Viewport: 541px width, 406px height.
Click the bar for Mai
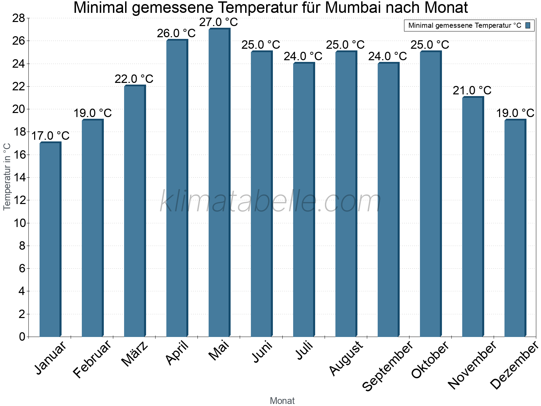click(x=219, y=183)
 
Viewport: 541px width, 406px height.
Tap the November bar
click(x=473, y=217)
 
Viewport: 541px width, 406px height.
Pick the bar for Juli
click(x=304, y=200)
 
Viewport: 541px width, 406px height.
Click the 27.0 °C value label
click(x=219, y=22)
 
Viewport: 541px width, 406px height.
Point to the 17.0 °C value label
click(x=50, y=136)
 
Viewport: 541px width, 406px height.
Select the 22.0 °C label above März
click(x=134, y=79)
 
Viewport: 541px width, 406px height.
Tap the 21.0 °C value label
click(x=472, y=91)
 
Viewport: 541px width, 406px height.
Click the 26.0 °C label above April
click(x=177, y=33)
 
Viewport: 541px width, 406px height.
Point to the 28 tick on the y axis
click(x=19, y=18)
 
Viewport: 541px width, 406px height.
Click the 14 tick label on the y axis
click(x=19, y=177)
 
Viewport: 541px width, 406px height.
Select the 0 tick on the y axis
click(x=22, y=337)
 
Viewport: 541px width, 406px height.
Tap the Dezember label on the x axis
click(x=514, y=365)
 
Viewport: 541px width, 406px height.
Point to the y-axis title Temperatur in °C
click(x=7, y=177)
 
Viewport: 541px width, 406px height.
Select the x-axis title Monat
click(x=282, y=401)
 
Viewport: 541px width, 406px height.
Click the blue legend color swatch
click(x=528, y=25)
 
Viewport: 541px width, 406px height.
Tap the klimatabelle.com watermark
click(x=270, y=201)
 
